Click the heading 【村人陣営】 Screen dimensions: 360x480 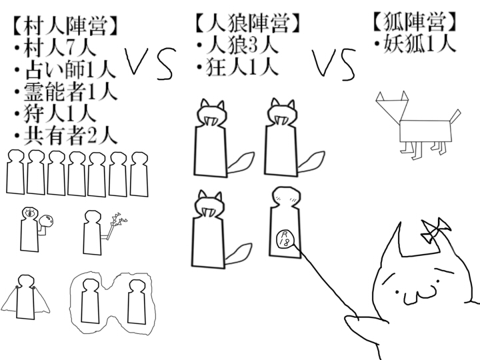click(65, 26)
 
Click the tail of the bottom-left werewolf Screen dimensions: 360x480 click(239, 253)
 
